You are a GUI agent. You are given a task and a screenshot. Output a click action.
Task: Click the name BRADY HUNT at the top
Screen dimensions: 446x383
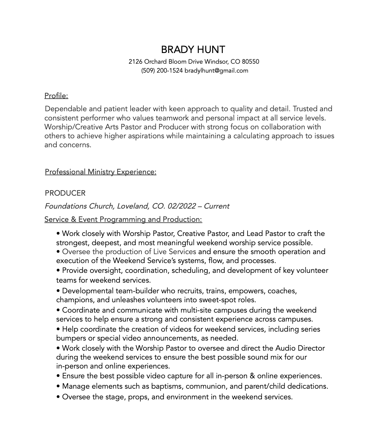[x=193, y=50]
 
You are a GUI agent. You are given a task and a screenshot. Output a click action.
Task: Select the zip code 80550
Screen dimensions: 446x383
[x=250, y=62]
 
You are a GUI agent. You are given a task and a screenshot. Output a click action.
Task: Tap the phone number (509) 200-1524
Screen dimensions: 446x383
[x=162, y=71]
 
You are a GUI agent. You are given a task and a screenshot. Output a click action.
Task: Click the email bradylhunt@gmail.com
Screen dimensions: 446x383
[x=216, y=71]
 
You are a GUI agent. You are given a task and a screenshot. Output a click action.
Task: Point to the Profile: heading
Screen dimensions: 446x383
[x=56, y=96]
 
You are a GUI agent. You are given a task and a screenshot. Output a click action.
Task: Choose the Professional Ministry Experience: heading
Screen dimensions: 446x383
[x=101, y=172]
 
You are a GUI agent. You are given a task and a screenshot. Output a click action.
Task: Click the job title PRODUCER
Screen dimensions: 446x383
[x=65, y=193]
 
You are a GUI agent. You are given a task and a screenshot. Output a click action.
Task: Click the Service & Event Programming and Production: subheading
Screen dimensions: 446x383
[x=123, y=220]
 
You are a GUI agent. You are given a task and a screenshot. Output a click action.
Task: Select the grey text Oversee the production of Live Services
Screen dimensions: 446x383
[x=129, y=252]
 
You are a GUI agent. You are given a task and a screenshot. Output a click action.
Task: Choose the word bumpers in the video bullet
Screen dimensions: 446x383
[x=69, y=338]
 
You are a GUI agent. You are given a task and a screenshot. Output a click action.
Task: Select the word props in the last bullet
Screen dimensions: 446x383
[x=138, y=397]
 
